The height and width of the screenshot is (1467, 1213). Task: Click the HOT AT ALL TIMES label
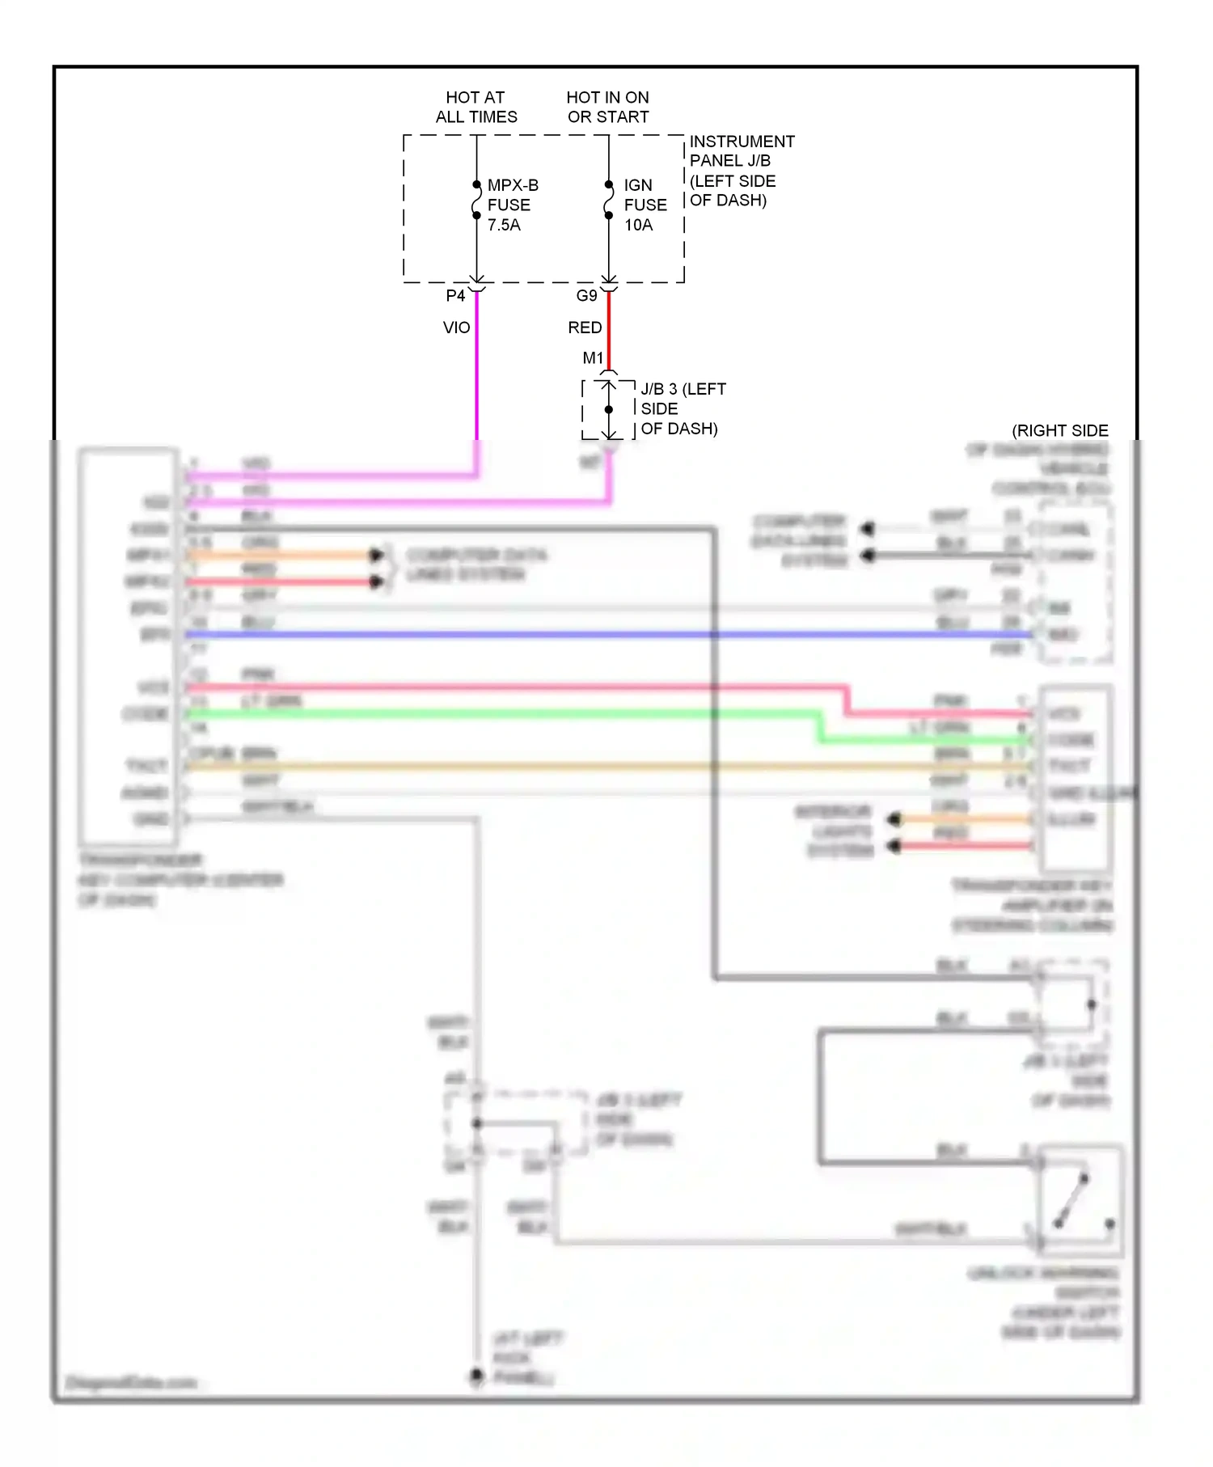click(475, 107)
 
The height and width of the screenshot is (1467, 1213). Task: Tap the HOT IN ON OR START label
click(607, 107)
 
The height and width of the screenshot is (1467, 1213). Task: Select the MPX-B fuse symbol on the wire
click(476, 201)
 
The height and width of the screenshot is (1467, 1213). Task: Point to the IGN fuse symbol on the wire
click(608, 201)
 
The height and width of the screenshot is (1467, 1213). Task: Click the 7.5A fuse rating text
click(504, 225)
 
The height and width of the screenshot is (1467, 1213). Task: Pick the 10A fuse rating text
click(638, 225)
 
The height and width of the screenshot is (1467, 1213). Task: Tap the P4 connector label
click(455, 296)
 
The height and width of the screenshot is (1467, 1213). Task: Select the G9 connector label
click(586, 296)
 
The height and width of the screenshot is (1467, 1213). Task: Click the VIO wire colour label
click(456, 328)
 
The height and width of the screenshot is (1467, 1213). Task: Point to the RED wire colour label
click(585, 328)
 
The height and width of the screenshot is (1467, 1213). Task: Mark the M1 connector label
click(593, 357)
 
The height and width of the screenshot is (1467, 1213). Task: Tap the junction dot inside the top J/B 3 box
click(609, 409)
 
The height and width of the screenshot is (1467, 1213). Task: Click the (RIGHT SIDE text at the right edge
click(1059, 430)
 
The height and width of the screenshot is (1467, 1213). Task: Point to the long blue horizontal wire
click(566, 635)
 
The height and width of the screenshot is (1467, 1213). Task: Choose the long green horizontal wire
click(485, 713)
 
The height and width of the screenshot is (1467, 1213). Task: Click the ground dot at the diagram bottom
click(476, 1375)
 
